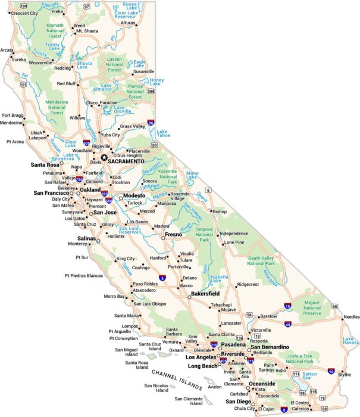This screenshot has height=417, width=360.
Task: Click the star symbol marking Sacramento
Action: coord(105,158)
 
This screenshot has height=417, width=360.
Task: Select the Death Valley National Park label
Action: coord(261,260)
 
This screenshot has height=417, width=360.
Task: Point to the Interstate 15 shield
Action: coord(287,306)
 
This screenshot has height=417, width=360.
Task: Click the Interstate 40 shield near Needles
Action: coord(287,324)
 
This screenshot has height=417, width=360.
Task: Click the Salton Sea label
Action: coord(309,375)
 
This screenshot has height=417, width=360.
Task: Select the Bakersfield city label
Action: coord(205,294)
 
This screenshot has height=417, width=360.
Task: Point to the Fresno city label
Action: coord(173,235)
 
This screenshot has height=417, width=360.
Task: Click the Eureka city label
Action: coord(19,60)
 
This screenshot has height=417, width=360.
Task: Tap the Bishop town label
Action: coord(220,211)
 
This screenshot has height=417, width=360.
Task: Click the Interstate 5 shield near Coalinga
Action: coord(162,278)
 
